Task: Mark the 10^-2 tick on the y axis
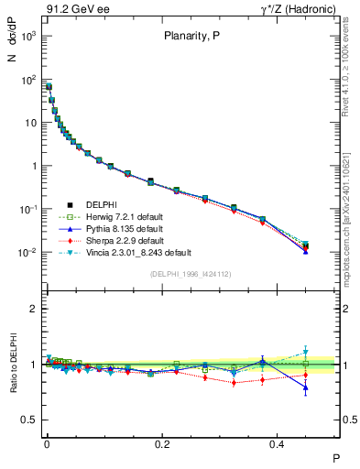(x=32, y=252)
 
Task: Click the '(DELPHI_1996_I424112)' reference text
(x=191, y=274)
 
